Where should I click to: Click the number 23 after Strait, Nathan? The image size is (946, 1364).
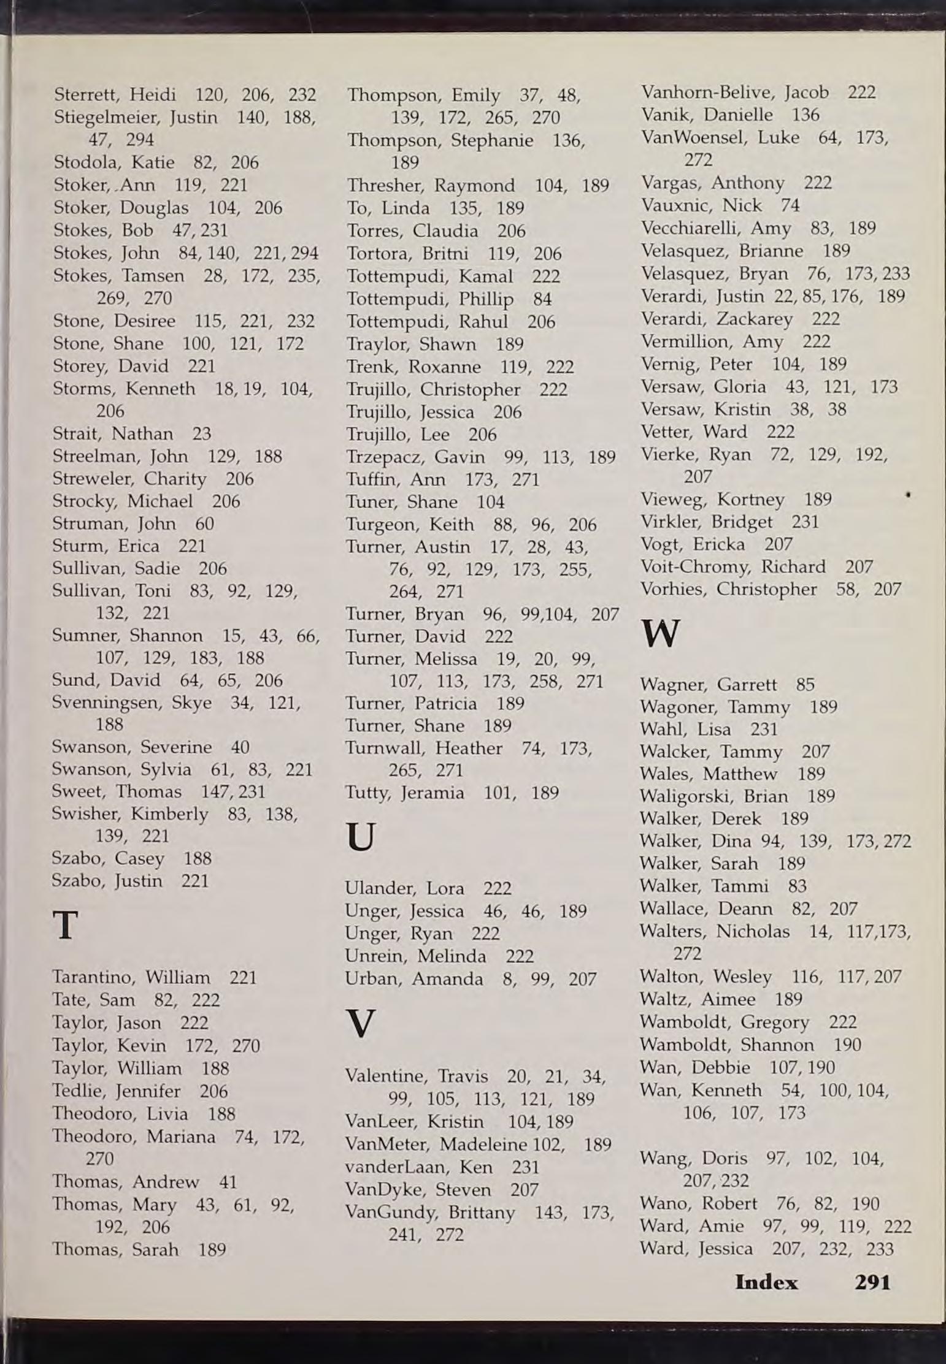point(201,434)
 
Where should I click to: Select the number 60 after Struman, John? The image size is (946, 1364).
point(204,524)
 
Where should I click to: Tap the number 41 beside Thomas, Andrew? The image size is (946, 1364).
point(228,1182)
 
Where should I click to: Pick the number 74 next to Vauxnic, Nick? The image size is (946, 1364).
point(790,205)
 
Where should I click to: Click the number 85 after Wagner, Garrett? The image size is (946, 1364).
point(806,684)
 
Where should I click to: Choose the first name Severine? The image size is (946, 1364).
point(175,747)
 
